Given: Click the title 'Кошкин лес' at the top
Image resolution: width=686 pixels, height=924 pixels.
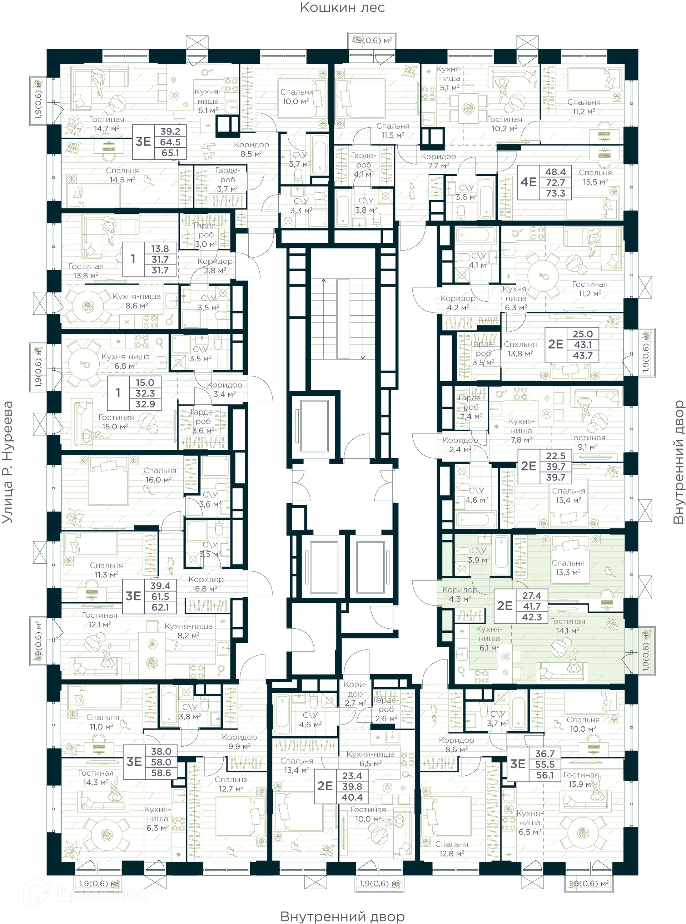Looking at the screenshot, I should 342,8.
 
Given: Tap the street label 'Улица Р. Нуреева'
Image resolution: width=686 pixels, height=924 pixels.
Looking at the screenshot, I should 8,462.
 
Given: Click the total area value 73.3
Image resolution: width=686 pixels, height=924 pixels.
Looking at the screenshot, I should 555,193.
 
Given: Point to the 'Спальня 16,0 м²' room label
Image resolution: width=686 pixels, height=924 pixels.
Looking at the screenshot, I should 159,475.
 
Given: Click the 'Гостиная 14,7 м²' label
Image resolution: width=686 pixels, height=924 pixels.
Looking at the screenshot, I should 106,124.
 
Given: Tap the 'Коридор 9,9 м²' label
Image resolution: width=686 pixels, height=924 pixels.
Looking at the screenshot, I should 239,741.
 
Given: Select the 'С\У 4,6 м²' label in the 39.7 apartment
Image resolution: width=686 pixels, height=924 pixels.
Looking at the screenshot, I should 476,495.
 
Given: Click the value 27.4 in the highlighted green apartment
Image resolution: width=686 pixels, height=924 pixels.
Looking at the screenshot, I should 532,596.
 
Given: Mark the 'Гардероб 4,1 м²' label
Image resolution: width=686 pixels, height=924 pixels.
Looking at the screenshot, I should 363,164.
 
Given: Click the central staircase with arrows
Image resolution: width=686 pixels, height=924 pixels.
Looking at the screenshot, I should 343,318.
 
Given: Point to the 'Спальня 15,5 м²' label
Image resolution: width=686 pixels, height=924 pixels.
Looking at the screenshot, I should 595,177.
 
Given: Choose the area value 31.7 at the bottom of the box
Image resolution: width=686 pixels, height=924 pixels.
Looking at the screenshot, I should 160,271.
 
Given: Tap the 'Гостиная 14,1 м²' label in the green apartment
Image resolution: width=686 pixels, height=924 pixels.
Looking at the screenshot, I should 568,626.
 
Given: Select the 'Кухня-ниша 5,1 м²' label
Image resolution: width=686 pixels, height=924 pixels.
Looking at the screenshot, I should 449,78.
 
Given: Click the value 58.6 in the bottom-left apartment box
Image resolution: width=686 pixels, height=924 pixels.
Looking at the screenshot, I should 161,773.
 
